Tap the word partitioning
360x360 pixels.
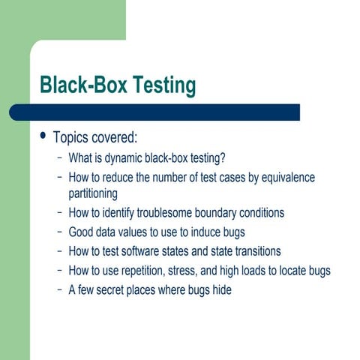[x=93, y=193]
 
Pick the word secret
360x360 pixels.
[x=117, y=289]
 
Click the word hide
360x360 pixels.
[x=221, y=289]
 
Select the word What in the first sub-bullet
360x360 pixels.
[x=79, y=158]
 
